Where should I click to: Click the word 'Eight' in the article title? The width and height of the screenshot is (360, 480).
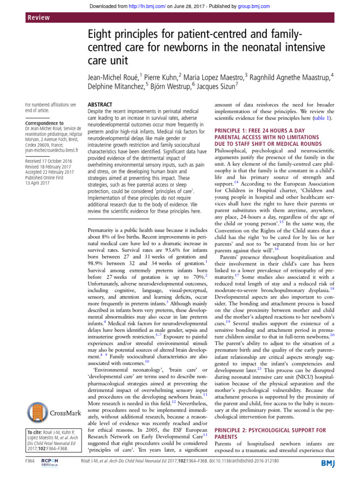tap(101, 34)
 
